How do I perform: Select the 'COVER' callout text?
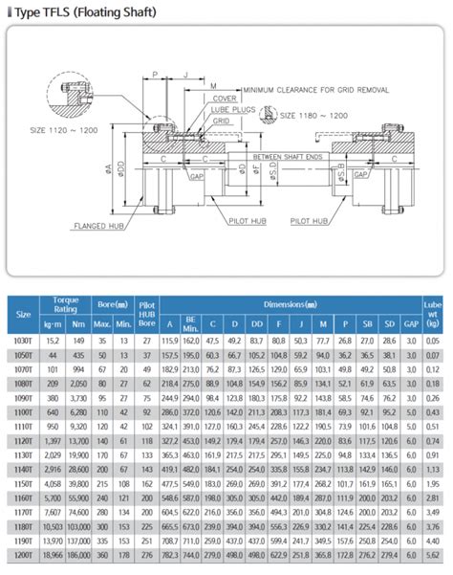pos(226,99)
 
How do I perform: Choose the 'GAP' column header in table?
pos(411,324)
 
